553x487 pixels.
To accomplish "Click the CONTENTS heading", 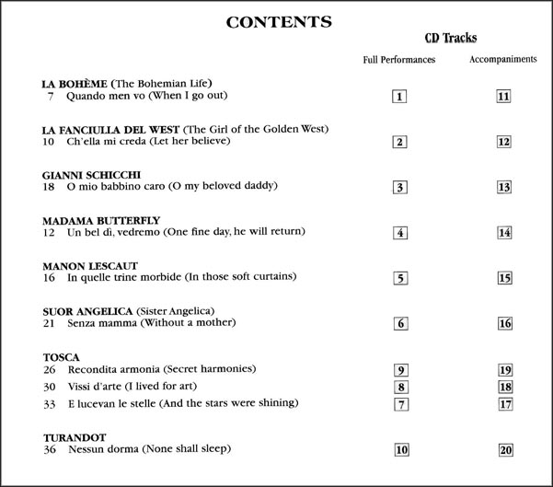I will pyautogui.click(x=279, y=22).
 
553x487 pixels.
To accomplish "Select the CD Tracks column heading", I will pyautogui.click(x=450, y=39).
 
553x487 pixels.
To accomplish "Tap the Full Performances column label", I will pyautogui.click(x=399, y=60).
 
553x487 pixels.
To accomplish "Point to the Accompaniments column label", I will pyautogui.click(x=503, y=60).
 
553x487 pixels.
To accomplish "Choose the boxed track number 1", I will pyautogui.click(x=399, y=96).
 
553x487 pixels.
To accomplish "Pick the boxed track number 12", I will pyautogui.click(x=503, y=142).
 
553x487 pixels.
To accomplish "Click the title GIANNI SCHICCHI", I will pyautogui.click(x=91, y=174).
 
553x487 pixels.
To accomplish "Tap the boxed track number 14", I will pyautogui.click(x=503, y=232).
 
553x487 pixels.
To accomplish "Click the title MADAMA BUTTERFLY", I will pyautogui.click(x=101, y=220).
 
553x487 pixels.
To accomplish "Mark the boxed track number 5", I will pyautogui.click(x=399, y=278).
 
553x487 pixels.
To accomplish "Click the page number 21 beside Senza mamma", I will pyautogui.click(x=50, y=322).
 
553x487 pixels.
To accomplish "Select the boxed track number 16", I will pyautogui.click(x=503, y=323).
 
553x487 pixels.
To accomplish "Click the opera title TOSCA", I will pyautogui.click(x=62, y=356).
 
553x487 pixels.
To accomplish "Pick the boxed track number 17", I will pyautogui.click(x=503, y=404).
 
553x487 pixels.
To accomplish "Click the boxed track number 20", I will pyautogui.click(x=503, y=449).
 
